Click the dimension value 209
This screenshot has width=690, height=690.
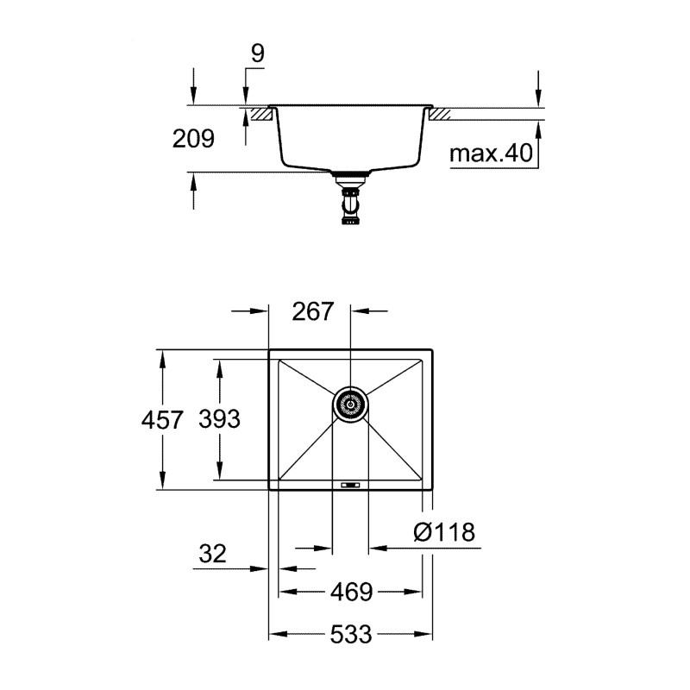(x=194, y=137)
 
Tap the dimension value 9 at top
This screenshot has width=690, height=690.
(x=257, y=53)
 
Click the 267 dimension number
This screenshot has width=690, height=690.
(x=312, y=311)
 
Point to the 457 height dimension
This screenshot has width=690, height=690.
(x=162, y=420)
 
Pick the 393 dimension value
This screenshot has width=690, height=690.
(x=219, y=420)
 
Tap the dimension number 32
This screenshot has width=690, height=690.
(x=212, y=554)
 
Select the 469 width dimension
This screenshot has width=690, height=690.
(x=350, y=593)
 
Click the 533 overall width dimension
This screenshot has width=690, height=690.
(x=350, y=636)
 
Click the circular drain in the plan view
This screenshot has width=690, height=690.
(x=351, y=403)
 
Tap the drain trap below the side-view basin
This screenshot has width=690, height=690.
(x=350, y=204)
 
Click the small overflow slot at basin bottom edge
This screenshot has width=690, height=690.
(x=351, y=486)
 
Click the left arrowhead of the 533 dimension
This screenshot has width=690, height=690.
(x=276, y=636)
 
